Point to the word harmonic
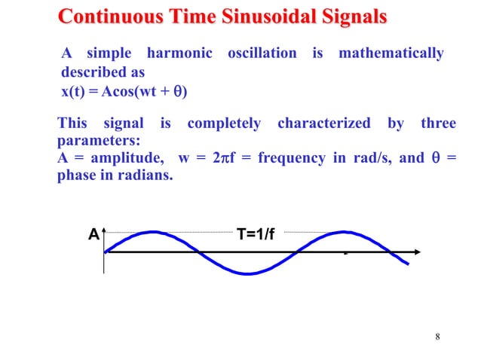[179, 53]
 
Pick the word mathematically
[391, 53]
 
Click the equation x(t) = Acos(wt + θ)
[124, 93]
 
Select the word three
[438, 124]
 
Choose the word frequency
[289, 158]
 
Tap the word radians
[142, 175]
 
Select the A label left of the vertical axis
[93, 234]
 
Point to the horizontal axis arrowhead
[415, 252]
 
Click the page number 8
[437, 336]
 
